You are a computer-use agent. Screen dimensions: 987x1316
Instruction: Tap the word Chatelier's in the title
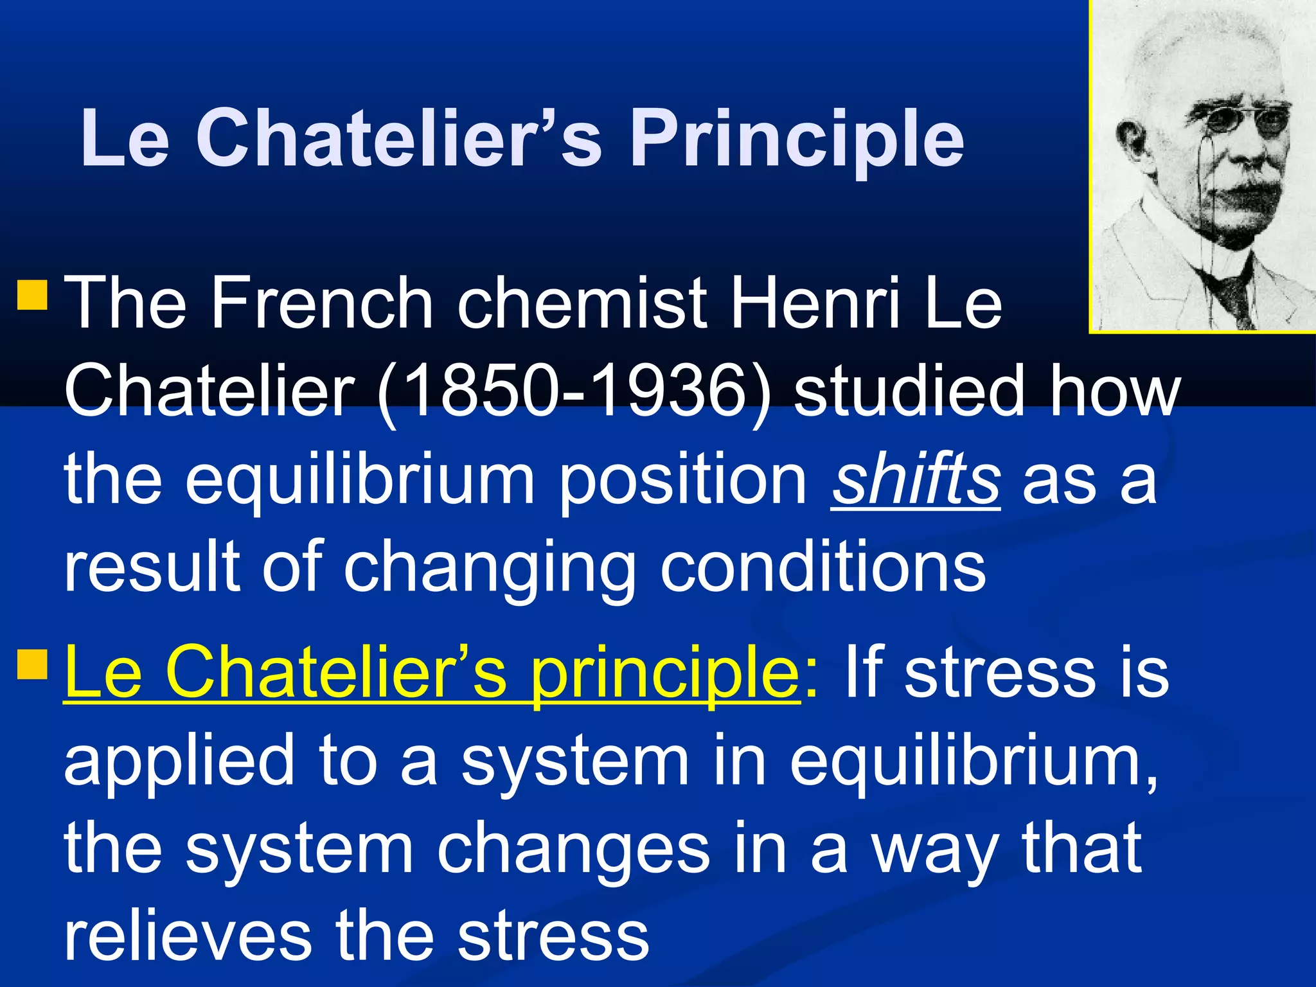[x=398, y=138]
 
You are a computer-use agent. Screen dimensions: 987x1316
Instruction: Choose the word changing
[x=488, y=569]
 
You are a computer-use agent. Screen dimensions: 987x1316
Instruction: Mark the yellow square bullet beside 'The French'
[x=32, y=294]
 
